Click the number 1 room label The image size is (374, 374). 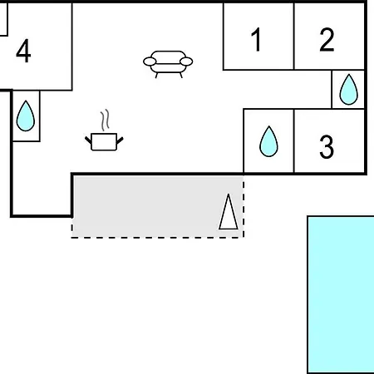coord(257,39)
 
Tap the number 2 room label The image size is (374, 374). coord(327,39)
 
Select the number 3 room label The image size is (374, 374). coord(327,146)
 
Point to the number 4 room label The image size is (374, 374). coord(23,51)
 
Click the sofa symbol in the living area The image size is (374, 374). coord(168,64)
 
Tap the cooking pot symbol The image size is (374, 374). coord(104,142)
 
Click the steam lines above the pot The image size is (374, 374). coord(105,121)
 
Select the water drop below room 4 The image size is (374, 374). coord(26,116)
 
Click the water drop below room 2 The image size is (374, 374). coord(348,90)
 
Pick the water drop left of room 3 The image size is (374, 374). coord(268,141)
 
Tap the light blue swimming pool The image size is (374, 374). coord(341,294)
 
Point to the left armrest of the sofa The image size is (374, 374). coord(150,62)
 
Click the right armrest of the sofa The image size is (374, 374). coord(186,62)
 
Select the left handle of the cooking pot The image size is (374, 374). coord(88,140)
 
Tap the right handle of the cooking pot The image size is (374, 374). coord(120,140)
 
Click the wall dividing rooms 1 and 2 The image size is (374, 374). coord(294,36)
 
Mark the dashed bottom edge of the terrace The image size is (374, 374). coord(157,237)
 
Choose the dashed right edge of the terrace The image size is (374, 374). coord(244,206)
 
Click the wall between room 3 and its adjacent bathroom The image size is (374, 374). coord(294,140)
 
